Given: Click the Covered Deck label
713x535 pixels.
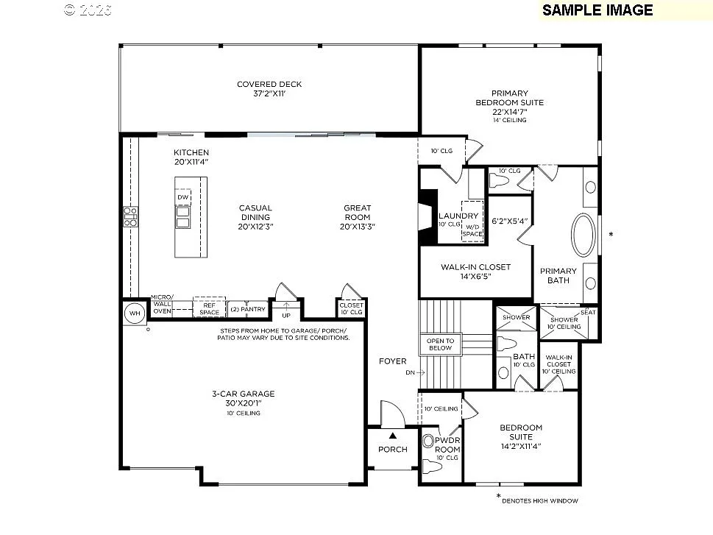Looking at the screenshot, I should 269,84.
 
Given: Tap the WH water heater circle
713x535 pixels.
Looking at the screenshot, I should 134,312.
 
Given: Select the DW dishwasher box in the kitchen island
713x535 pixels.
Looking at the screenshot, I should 182,197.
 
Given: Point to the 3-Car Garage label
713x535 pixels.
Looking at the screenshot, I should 243,394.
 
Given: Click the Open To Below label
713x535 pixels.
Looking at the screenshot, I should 441,344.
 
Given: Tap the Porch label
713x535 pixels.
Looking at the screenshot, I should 393,450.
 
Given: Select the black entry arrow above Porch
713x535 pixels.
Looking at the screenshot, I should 393,436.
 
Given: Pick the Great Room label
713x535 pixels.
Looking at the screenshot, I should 358,208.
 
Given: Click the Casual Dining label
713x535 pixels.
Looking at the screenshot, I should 255,208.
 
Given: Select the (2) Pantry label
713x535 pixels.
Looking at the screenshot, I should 247,309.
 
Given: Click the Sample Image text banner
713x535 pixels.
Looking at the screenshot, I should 597,10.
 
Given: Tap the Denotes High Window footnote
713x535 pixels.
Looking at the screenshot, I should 540,501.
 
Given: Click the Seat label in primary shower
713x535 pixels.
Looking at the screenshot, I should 589,312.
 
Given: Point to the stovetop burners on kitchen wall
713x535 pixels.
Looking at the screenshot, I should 130,217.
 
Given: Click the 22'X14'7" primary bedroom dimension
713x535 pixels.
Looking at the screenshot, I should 509,112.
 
